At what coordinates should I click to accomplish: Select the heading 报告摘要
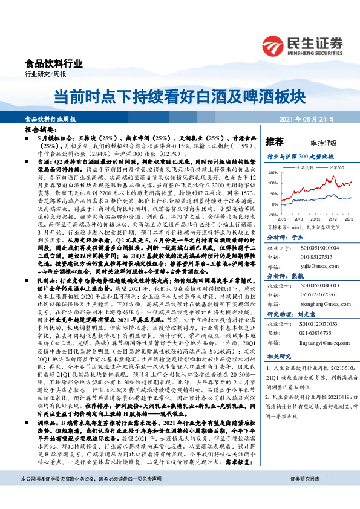41,130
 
